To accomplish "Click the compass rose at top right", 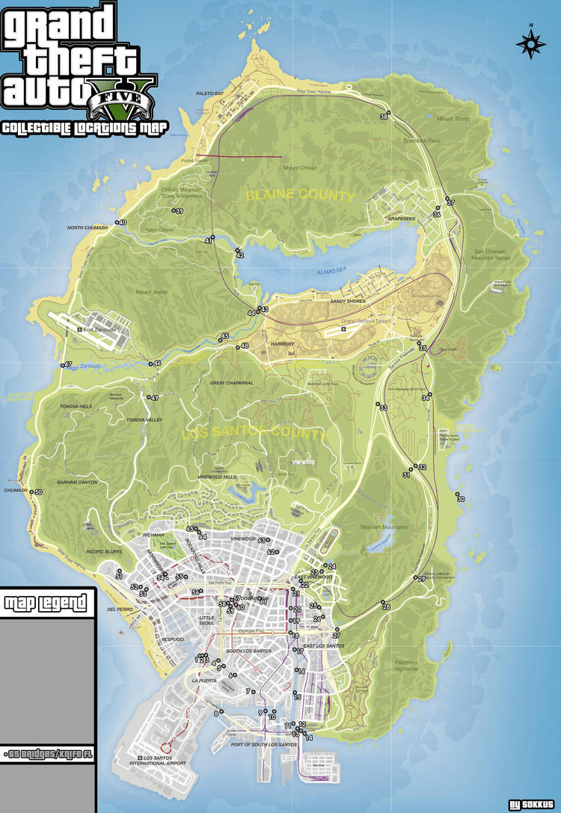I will point(530,43).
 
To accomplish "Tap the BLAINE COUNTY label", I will point(300,196).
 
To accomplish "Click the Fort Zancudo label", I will point(101,330).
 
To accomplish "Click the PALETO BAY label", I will point(209,93).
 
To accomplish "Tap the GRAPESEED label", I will point(401,219).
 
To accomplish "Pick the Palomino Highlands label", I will point(406,666).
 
